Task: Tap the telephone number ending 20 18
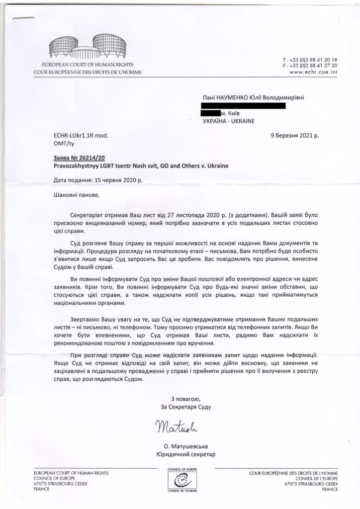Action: click(x=314, y=59)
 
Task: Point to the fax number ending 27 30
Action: click(x=314, y=65)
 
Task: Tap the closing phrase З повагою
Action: click(x=185, y=399)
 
